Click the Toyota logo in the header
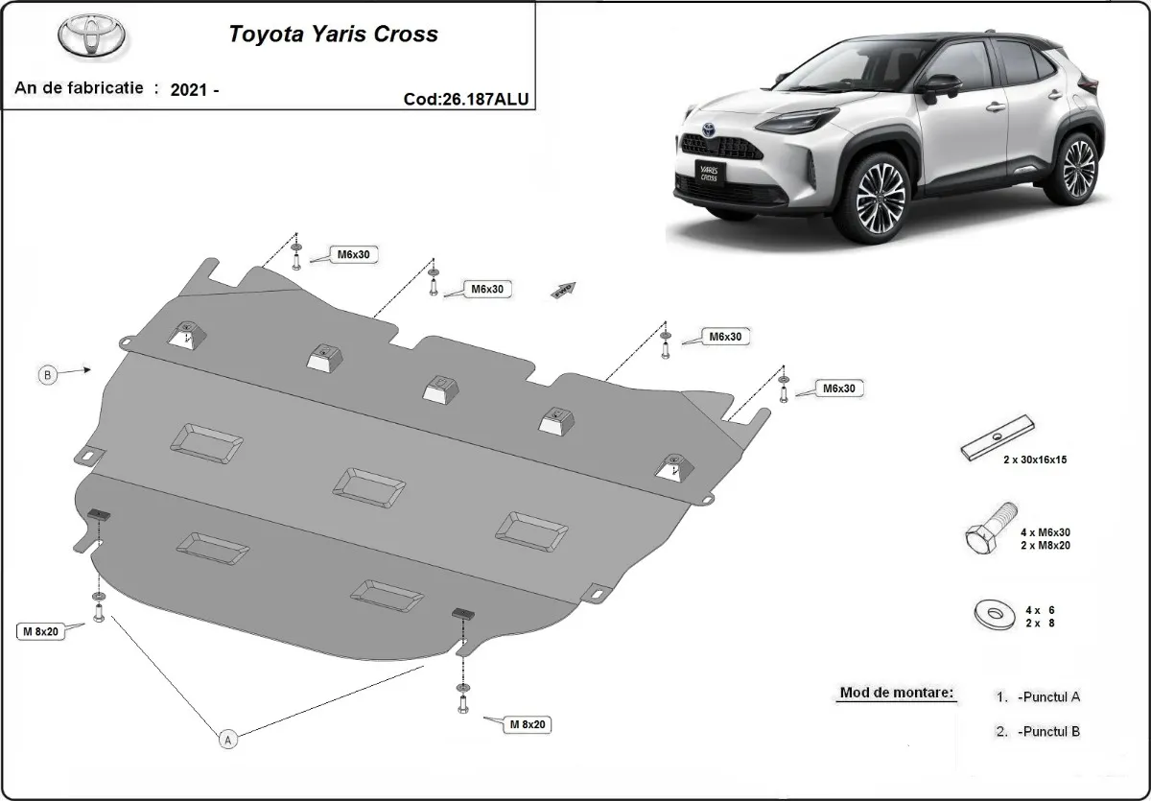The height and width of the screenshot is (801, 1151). [92, 35]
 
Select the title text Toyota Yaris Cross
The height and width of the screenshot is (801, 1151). [333, 35]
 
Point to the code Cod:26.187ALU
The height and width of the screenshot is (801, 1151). [466, 98]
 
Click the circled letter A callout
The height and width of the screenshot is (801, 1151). [227, 739]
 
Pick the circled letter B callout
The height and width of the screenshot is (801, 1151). [47, 375]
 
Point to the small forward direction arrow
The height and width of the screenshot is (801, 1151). [562, 291]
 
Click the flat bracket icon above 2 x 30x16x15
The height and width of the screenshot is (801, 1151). [998, 437]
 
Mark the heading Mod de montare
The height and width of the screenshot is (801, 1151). [897, 692]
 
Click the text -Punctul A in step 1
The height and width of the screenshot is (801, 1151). [1048, 697]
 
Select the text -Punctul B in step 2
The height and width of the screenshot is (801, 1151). [1048, 732]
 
